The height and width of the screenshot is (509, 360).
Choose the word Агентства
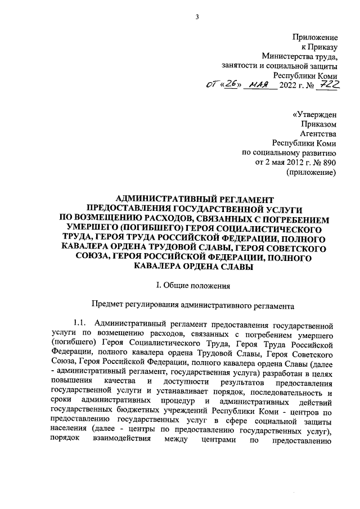(318, 134)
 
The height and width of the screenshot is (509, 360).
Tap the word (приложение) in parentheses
(312, 172)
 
